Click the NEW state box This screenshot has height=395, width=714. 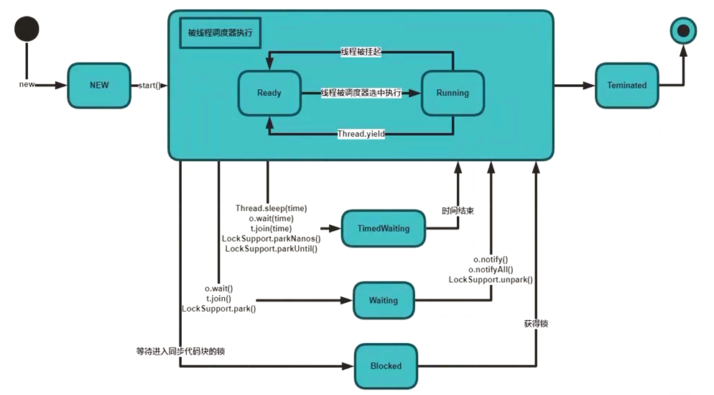click(x=99, y=85)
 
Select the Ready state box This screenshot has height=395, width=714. click(x=269, y=93)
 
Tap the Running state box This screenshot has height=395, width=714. click(x=453, y=93)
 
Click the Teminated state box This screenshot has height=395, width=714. click(x=626, y=85)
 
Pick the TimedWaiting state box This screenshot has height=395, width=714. click(x=384, y=228)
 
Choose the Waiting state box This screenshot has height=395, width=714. click(x=384, y=300)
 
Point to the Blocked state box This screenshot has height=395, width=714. click(x=386, y=366)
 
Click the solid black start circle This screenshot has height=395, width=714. click(x=27, y=29)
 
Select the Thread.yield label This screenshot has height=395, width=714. click(x=361, y=134)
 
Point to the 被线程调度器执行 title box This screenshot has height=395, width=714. click(x=220, y=33)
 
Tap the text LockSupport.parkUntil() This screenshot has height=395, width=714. click(x=272, y=248)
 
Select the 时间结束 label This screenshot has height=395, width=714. click(x=458, y=212)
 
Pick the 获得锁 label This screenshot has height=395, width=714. click(x=536, y=324)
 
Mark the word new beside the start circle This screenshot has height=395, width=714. click(x=27, y=85)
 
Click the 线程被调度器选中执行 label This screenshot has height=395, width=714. click(x=361, y=93)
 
